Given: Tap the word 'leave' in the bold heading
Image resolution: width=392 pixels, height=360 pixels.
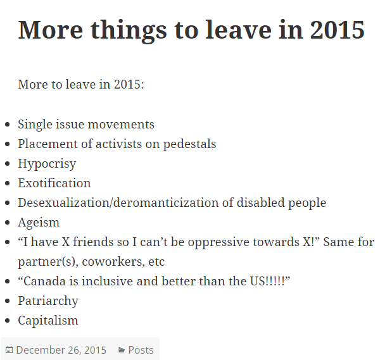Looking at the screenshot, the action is tap(239, 30).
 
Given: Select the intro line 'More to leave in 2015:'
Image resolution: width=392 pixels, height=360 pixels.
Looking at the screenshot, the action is tap(81, 84).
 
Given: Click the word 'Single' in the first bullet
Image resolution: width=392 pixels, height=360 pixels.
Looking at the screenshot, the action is tap(35, 125).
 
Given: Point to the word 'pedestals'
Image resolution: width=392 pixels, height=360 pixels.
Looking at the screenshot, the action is tap(189, 144).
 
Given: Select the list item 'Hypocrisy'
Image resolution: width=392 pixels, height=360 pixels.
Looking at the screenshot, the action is tap(47, 164).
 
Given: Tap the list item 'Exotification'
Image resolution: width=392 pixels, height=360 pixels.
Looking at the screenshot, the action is tap(54, 183).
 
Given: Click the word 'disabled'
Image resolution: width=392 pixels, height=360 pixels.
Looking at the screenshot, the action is tap(260, 202).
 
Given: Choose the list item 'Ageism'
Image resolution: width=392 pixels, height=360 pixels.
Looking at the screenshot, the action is tap(39, 223).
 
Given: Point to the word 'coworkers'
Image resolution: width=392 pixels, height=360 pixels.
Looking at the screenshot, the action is tap(113, 262).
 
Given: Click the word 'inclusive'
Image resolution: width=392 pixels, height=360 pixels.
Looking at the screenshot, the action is tap(108, 282).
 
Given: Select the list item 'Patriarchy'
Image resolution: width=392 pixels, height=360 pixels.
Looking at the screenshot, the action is tap(48, 301).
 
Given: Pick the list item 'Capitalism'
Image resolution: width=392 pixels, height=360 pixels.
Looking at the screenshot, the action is tap(48, 321).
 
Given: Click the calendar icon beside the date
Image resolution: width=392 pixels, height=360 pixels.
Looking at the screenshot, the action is tap(9, 350).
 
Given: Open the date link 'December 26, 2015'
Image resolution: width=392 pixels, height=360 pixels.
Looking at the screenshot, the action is tap(61, 350).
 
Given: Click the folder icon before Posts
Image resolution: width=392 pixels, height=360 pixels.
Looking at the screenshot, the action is tap(122, 350).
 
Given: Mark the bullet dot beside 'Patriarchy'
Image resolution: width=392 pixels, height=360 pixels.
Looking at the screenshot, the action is tap(7, 301).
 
